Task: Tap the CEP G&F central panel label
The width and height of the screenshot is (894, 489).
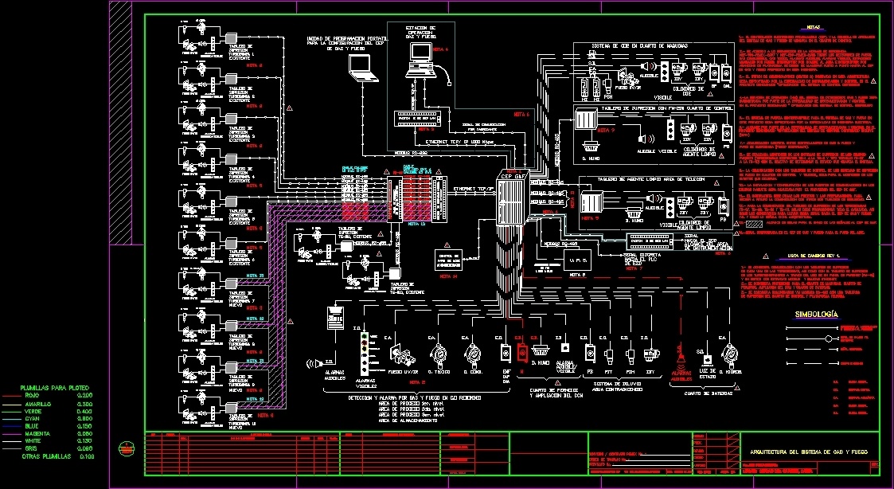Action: coord(509,176)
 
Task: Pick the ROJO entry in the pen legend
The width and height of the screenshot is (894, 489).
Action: coord(33,396)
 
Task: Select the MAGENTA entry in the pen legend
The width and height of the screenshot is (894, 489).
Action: coord(38,433)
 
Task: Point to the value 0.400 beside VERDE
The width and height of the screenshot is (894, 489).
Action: coord(84,411)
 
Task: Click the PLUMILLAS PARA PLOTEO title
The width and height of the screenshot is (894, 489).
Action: coord(54,388)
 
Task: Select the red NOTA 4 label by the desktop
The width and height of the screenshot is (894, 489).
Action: coord(441,49)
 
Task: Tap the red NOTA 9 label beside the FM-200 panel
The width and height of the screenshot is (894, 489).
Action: coord(605,130)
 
